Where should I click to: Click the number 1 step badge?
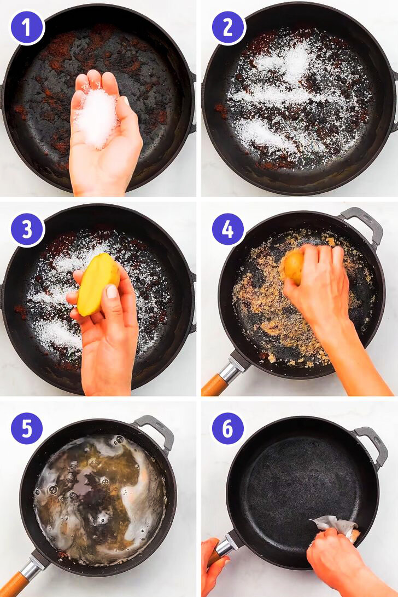coord(27,27)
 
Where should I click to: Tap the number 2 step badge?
coord(227,27)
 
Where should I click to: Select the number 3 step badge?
coord(27,229)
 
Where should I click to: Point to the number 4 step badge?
coord(227,229)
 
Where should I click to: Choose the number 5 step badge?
coord(27,429)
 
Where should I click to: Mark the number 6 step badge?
coord(227,429)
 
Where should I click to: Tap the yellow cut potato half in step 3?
coord(97,284)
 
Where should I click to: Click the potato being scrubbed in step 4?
coord(294,266)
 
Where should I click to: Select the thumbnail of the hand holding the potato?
coord(112,291)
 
